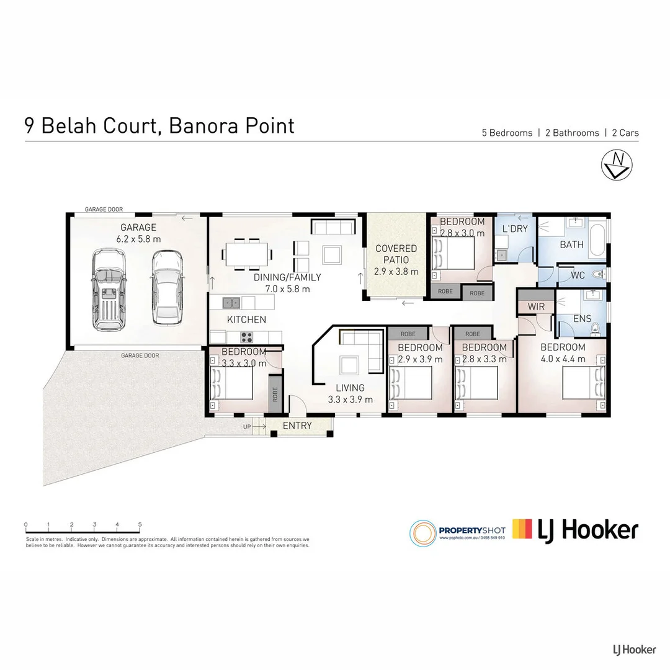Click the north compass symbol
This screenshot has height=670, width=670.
click(x=616, y=164)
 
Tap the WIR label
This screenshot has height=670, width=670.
click(x=535, y=306)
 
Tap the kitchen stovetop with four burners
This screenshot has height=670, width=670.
click(x=246, y=337)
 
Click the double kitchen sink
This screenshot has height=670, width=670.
click(x=232, y=303)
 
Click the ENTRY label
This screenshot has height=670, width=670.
click(x=297, y=426)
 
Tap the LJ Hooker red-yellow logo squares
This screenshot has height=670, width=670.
click(x=522, y=529)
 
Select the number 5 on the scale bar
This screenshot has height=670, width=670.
click(x=140, y=525)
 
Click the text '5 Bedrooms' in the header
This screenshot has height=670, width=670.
click(x=507, y=133)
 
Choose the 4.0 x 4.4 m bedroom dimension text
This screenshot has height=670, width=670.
click(x=563, y=359)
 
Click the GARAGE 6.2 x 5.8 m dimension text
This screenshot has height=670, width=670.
click(x=138, y=239)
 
